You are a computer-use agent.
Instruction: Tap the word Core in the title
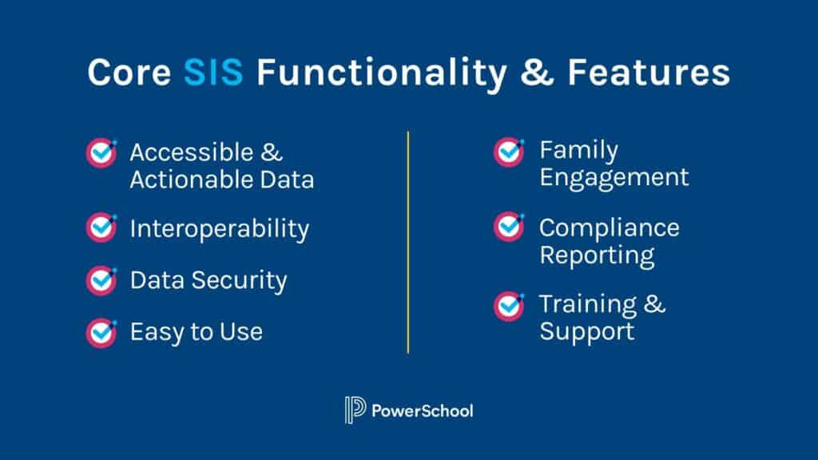(129, 73)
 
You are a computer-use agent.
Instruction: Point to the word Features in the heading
(649, 73)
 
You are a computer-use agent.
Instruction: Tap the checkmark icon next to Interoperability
(101, 228)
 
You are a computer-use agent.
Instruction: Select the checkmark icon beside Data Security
(101, 280)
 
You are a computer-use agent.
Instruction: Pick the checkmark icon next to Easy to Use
(101, 331)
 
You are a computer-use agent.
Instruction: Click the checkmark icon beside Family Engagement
(509, 152)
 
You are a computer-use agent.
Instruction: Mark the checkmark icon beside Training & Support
(509, 304)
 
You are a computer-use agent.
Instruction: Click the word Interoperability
(219, 230)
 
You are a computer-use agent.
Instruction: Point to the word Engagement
(613, 177)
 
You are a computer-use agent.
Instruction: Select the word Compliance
(609, 228)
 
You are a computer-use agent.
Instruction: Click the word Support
(586, 331)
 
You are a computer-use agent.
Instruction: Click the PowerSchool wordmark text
(423, 411)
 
